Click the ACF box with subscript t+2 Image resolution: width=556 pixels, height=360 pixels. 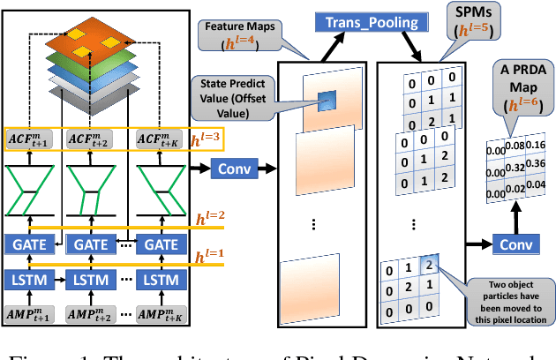(94, 139)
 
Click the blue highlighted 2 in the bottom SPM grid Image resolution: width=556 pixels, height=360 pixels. (430, 265)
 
